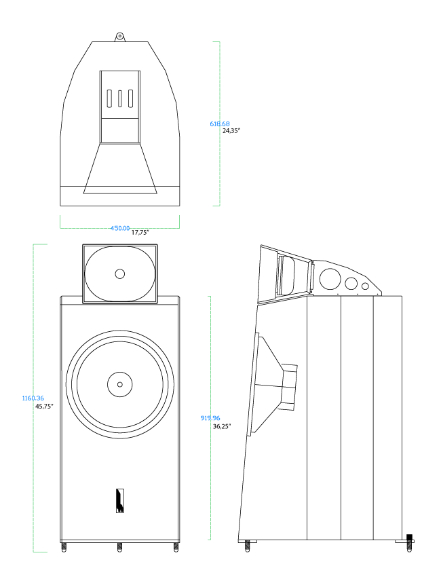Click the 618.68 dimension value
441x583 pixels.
click(220, 124)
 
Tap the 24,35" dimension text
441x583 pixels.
click(231, 130)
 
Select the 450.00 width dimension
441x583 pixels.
click(120, 228)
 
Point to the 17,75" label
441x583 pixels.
click(140, 232)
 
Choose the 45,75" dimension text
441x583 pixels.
click(44, 406)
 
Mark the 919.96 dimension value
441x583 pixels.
click(210, 418)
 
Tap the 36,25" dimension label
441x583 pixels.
click(223, 426)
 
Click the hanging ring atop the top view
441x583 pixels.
click(119, 36)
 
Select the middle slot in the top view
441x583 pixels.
click(120, 98)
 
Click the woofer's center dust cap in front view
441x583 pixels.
click(119, 383)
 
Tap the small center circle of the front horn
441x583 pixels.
click(120, 274)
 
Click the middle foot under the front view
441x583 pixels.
click(119, 546)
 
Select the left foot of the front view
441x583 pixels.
click(64, 546)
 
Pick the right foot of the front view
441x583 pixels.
click(176, 546)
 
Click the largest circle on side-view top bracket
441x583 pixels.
click(331, 279)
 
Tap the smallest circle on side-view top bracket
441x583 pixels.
click(365, 286)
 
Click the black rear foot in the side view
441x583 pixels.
click(409, 540)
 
